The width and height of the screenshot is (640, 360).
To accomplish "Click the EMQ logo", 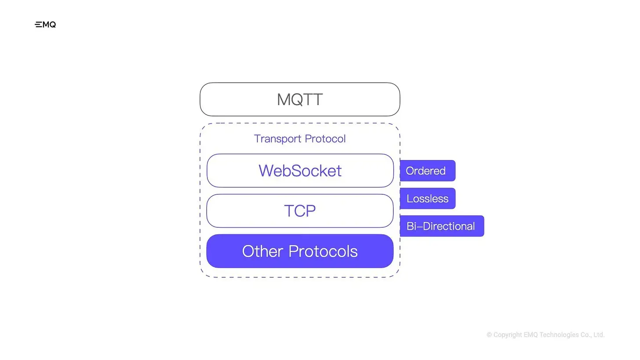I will pos(45,25).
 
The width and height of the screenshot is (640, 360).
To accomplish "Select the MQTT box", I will pos(300,99).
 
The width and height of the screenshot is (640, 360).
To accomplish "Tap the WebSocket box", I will pos(300,171).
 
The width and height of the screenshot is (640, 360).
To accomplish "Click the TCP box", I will pos(300,211).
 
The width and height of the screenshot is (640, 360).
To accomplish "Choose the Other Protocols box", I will pos(300,251).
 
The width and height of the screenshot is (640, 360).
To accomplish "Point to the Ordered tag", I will pos(427,171).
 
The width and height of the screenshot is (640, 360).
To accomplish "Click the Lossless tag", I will pos(427,199).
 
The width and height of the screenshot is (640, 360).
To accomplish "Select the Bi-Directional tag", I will pos(441,226).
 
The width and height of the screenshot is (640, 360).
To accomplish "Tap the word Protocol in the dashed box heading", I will pos(325,139).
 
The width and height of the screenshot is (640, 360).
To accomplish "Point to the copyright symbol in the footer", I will pos(489,335).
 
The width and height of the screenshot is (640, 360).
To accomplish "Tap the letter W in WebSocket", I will pos(266,171).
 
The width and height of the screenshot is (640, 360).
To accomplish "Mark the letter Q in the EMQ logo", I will pos(53,25).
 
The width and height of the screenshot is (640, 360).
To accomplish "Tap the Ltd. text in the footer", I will pos(599,335).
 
